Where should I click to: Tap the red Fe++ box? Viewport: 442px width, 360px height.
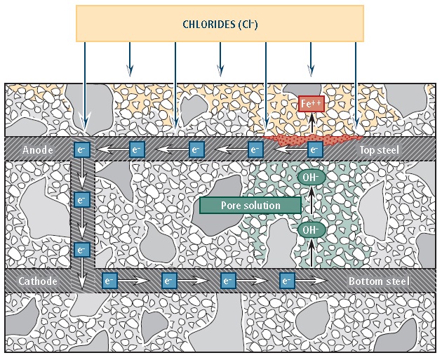point(311,104)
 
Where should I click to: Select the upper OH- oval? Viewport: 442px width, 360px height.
point(310,178)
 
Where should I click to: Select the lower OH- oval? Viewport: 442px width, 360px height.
point(310,229)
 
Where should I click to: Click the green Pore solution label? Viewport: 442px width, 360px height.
point(250,205)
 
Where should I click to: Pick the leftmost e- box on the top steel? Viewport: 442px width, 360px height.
point(82,149)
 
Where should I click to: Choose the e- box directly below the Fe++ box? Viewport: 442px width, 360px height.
point(315,149)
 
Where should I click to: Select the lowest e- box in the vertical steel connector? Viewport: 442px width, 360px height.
point(82,250)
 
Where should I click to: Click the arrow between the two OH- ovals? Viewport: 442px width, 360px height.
point(310,204)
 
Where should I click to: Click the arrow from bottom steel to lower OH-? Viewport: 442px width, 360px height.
point(310,254)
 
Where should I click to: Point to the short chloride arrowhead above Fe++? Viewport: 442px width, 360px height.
point(310,69)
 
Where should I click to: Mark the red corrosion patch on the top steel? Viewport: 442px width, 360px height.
point(309,137)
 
